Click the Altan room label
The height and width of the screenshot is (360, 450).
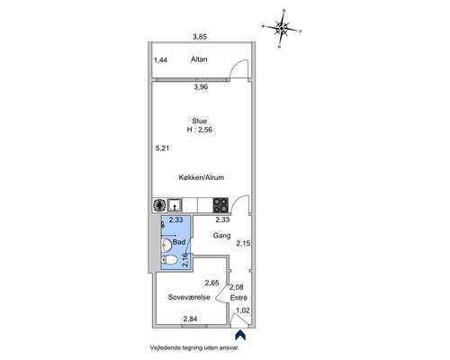[x=199, y=59]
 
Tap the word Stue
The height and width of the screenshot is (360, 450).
[x=200, y=121]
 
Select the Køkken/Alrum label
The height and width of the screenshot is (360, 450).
[x=202, y=177]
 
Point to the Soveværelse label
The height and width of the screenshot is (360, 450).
[x=189, y=297]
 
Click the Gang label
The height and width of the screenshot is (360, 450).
[x=221, y=236]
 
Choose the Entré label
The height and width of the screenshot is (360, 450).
[x=238, y=298]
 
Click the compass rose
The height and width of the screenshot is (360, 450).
[x=282, y=29]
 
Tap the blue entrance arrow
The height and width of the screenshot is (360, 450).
[x=240, y=335]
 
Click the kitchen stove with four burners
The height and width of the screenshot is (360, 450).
[x=220, y=205]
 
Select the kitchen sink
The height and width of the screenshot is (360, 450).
[x=175, y=205]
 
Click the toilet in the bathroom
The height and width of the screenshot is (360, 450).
[x=168, y=260]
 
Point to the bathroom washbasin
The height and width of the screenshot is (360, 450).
[x=166, y=245]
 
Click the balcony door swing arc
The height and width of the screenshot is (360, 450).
[x=238, y=67]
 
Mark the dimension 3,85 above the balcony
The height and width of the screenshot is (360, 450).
[x=200, y=37]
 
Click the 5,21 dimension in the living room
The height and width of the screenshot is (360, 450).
[x=162, y=148]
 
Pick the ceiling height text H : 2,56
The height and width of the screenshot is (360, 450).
[x=200, y=130]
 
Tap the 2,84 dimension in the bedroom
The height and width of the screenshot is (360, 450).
[x=190, y=319]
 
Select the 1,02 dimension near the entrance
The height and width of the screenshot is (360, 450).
[x=243, y=310]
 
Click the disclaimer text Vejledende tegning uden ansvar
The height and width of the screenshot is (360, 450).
[x=195, y=348]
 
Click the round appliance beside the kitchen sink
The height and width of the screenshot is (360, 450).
[x=159, y=205]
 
